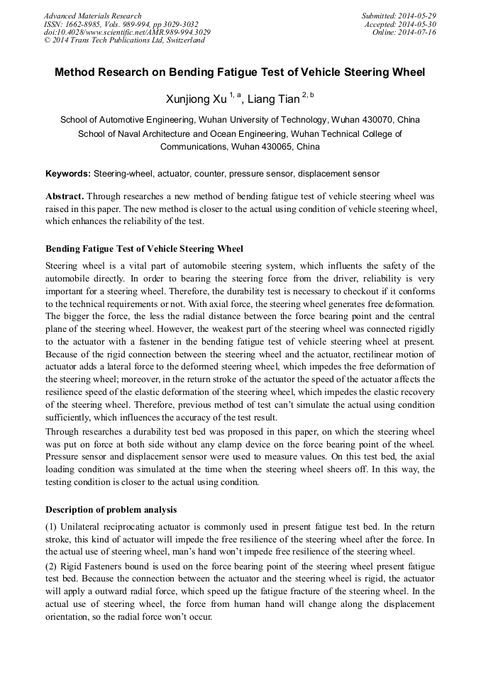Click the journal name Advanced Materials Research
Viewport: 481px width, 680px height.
coord(92,16)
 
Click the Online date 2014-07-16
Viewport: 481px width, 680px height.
coord(417,33)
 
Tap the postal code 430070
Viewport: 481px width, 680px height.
coord(378,119)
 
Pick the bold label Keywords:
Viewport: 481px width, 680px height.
coord(68,174)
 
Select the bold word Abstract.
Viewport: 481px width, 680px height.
coord(65,195)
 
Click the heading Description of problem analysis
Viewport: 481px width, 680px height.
coord(111,509)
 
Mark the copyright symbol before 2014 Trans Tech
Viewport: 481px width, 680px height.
coord(48,40)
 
